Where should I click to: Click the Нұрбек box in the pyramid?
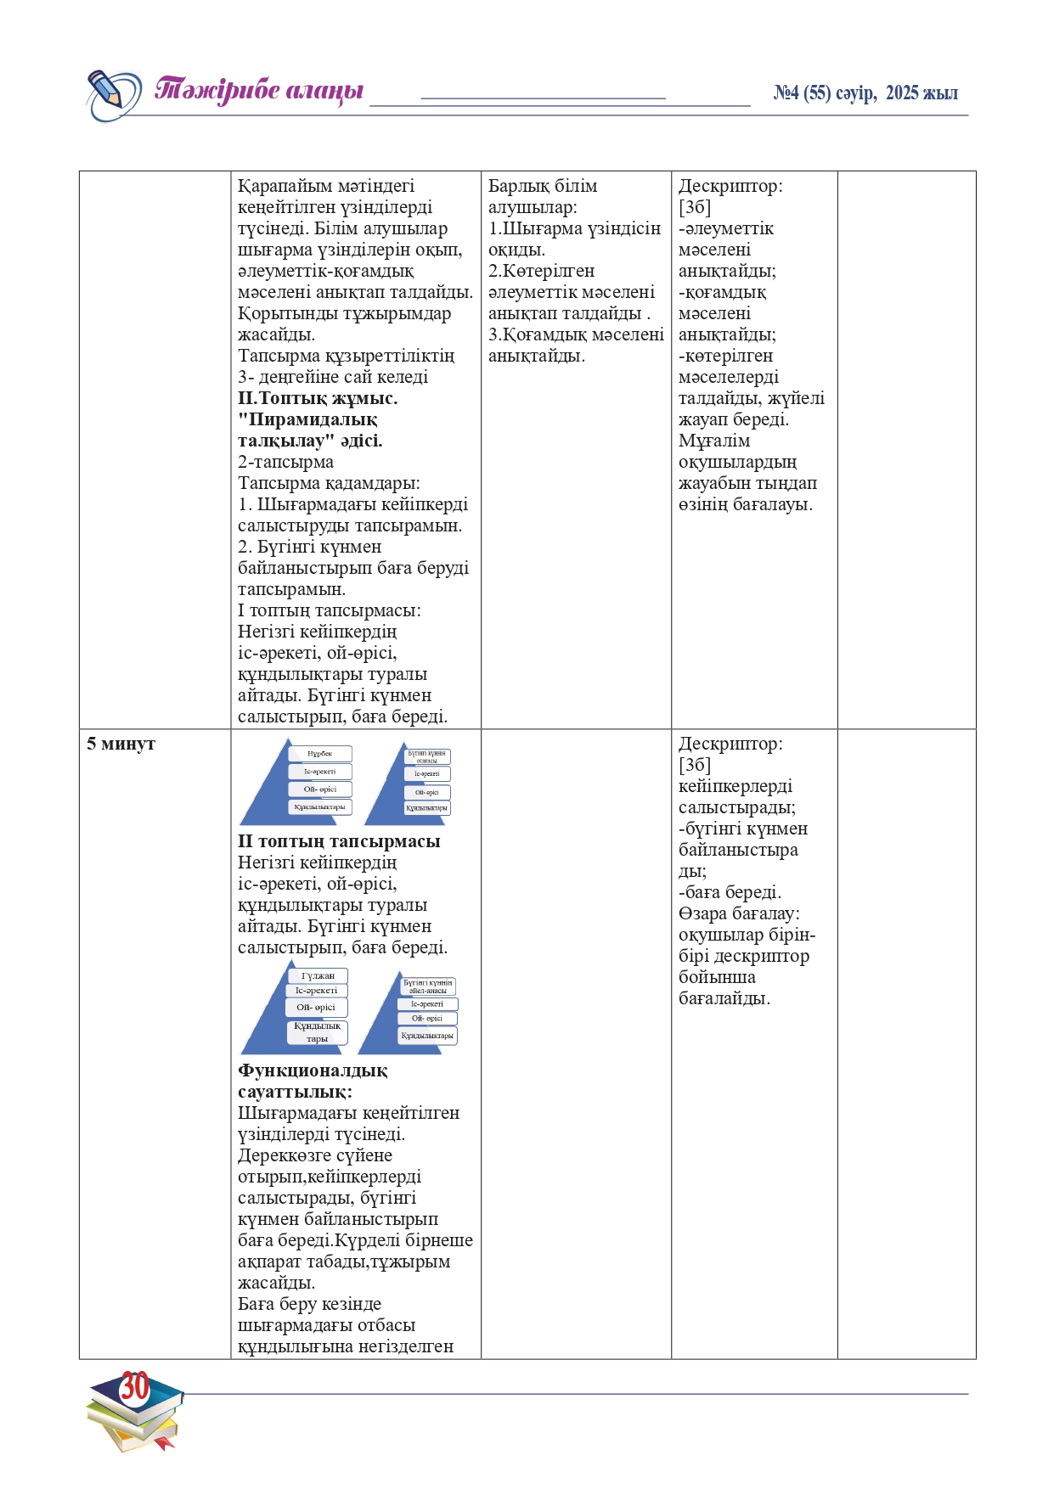click(319, 754)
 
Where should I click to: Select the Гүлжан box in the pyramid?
click(318, 975)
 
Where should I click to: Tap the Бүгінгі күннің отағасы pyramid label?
click(426, 756)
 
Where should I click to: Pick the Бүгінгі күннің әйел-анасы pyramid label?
click(428, 986)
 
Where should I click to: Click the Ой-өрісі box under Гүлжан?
click(316, 1008)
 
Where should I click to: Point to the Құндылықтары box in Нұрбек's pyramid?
click(319, 807)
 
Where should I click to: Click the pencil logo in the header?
click(113, 94)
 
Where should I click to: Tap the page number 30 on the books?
click(134, 1386)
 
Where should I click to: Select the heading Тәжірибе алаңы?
click(259, 91)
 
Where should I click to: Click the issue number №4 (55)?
click(802, 93)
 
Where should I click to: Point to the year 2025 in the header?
click(902, 93)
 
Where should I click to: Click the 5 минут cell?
click(121, 744)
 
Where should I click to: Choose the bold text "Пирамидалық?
click(307, 419)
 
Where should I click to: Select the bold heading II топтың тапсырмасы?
click(339, 841)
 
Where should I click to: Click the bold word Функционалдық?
click(313, 1070)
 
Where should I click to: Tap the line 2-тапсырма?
click(285, 462)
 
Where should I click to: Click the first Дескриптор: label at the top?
click(730, 186)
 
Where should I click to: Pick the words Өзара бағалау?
click(739, 913)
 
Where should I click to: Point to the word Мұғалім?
click(714, 441)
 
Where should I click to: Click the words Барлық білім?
click(543, 186)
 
